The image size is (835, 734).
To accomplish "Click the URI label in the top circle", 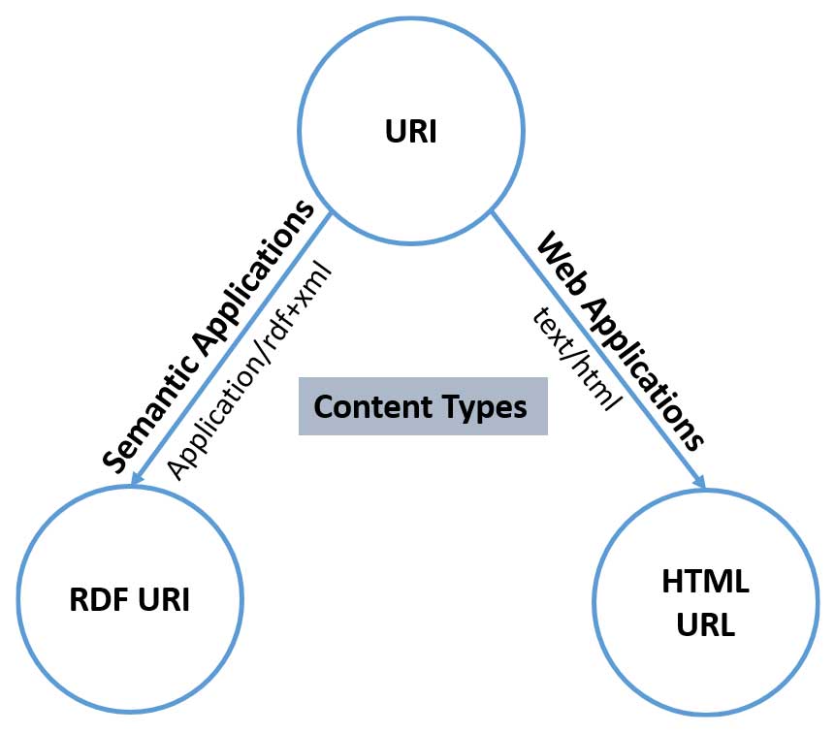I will point(410,131).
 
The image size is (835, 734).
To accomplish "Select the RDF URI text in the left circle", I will point(130,600).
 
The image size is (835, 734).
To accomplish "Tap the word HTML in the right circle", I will point(705,582).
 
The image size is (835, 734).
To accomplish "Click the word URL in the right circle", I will point(705,623).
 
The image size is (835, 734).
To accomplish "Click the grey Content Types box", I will point(423,407).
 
